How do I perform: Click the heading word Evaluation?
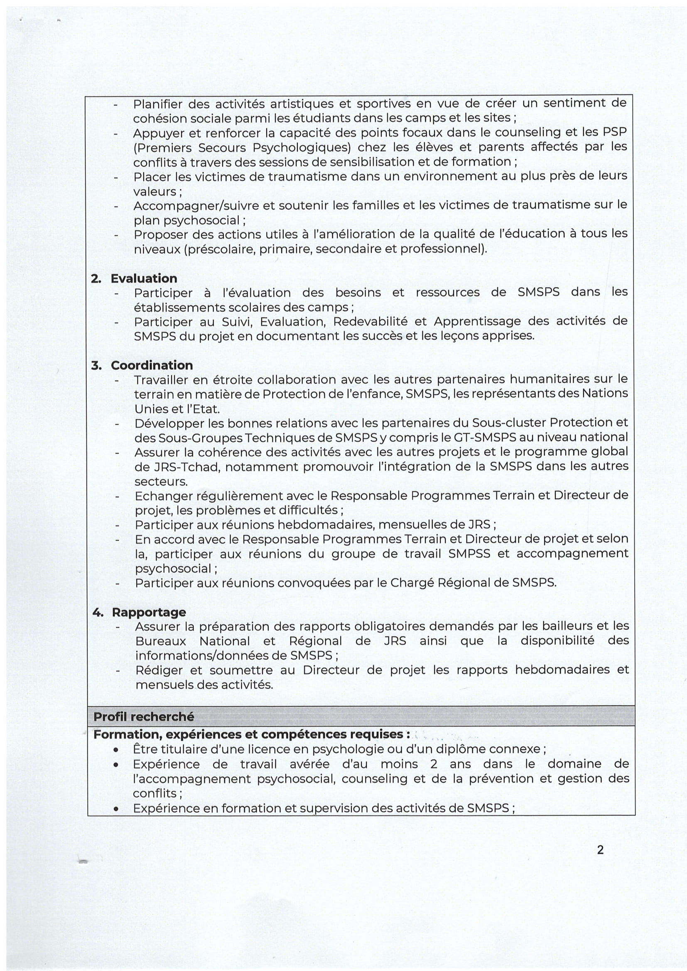[144, 278]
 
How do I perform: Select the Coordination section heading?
[152, 365]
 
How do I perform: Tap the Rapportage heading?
[149, 612]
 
